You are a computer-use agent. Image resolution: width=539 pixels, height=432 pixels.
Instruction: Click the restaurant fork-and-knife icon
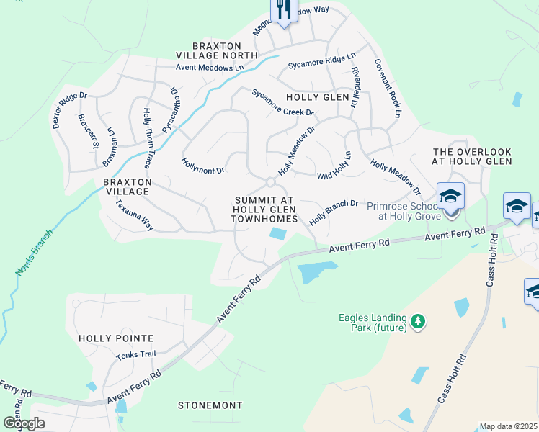(x=283, y=9)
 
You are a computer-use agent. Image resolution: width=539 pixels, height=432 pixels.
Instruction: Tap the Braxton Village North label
(x=216, y=50)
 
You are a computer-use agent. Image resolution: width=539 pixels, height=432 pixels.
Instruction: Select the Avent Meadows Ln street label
(x=210, y=68)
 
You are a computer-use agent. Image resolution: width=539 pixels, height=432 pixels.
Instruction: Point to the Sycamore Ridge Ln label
(x=321, y=60)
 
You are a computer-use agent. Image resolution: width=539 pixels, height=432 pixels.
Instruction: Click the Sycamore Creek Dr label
(x=282, y=103)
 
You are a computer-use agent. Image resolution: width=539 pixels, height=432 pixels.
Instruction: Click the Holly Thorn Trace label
(x=147, y=132)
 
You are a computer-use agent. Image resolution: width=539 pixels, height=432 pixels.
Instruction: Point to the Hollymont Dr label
(x=203, y=167)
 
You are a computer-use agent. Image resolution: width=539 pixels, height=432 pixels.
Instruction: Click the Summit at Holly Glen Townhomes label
(x=264, y=209)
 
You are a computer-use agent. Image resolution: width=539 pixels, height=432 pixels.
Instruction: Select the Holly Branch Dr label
(x=334, y=213)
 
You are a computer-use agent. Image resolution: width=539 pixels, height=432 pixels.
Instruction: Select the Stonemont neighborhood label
(x=211, y=405)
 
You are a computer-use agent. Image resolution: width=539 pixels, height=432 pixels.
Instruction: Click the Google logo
(x=24, y=423)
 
